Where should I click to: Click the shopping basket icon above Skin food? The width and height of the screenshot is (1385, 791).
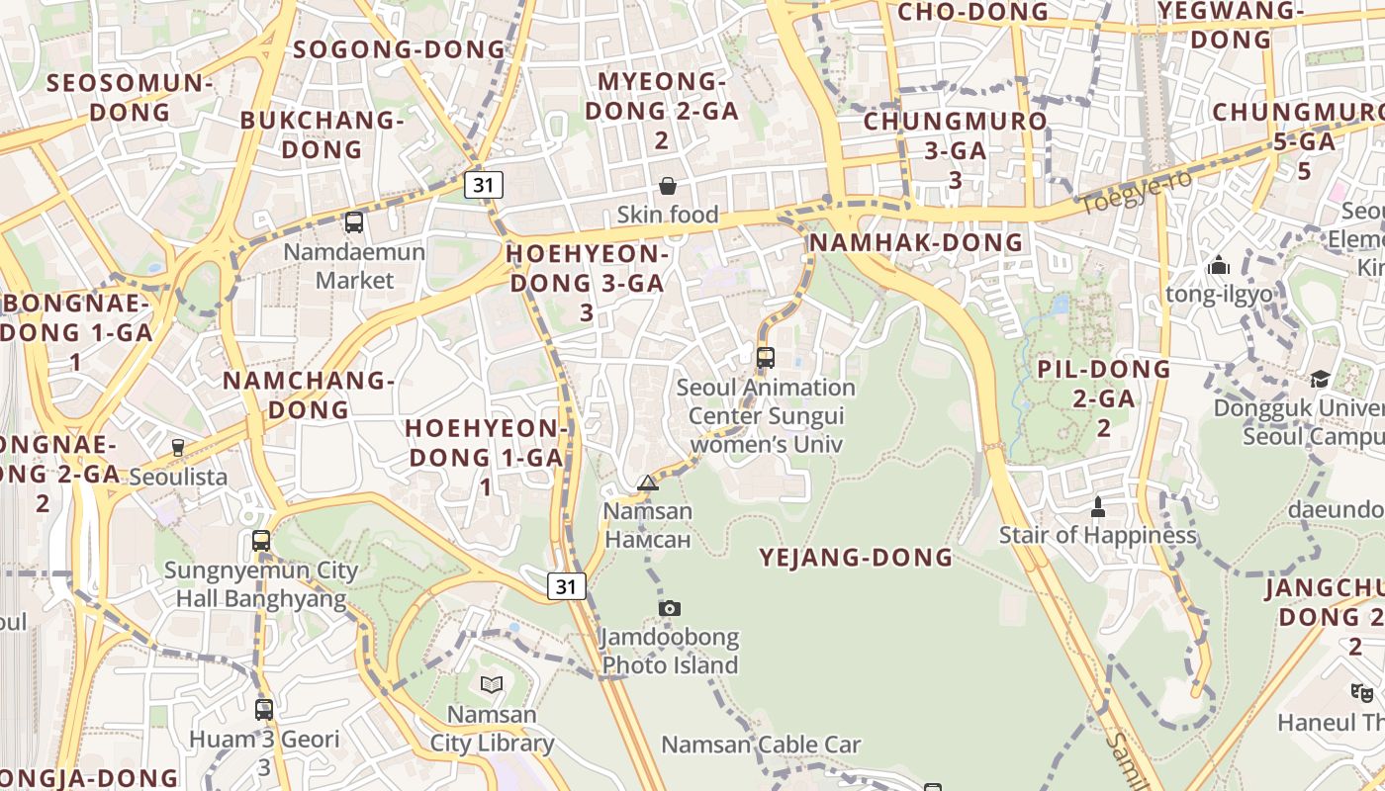pyautogui.click(x=668, y=186)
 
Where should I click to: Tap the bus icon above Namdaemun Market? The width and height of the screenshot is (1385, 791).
pyautogui.click(x=353, y=222)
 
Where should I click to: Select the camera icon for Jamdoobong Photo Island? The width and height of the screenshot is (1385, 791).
pyautogui.click(x=670, y=608)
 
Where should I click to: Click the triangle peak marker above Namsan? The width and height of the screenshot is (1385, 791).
pyautogui.click(x=648, y=483)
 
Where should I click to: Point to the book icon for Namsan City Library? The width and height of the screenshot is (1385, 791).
pyautogui.click(x=492, y=684)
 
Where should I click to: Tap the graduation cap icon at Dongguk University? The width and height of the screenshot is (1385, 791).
pyautogui.click(x=1320, y=380)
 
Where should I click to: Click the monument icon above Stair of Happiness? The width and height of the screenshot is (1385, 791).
pyautogui.click(x=1097, y=507)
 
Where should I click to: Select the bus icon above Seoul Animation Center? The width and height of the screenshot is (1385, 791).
pyautogui.click(x=765, y=358)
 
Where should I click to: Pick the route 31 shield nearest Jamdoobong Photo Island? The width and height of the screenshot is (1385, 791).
pyautogui.click(x=565, y=586)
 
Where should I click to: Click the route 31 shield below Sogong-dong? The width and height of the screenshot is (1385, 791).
pyautogui.click(x=483, y=185)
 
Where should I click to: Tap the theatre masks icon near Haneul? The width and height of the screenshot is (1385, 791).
pyautogui.click(x=1362, y=693)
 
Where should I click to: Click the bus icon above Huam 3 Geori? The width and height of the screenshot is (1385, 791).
pyautogui.click(x=263, y=709)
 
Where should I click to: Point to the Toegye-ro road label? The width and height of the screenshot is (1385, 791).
pyautogui.click(x=1135, y=192)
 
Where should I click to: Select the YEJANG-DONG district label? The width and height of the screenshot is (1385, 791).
pyautogui.click(x=856, y=558)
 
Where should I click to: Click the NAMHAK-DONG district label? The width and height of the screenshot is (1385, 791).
pyautogui.click(x=916, y=242)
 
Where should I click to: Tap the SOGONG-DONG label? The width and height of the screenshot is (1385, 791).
pyautogui.click(x=400, y=49)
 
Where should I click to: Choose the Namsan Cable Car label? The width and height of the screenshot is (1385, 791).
pyautogui.click(x=761, y=745)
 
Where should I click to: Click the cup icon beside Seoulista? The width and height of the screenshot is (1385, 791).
pyautogui.click(x=178, y=448)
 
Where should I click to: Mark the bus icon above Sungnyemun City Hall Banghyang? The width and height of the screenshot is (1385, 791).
pyautogui.click(x=261, y=541)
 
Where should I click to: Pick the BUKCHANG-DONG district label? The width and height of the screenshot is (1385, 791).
pyautogui.click(x=323, y=134)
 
